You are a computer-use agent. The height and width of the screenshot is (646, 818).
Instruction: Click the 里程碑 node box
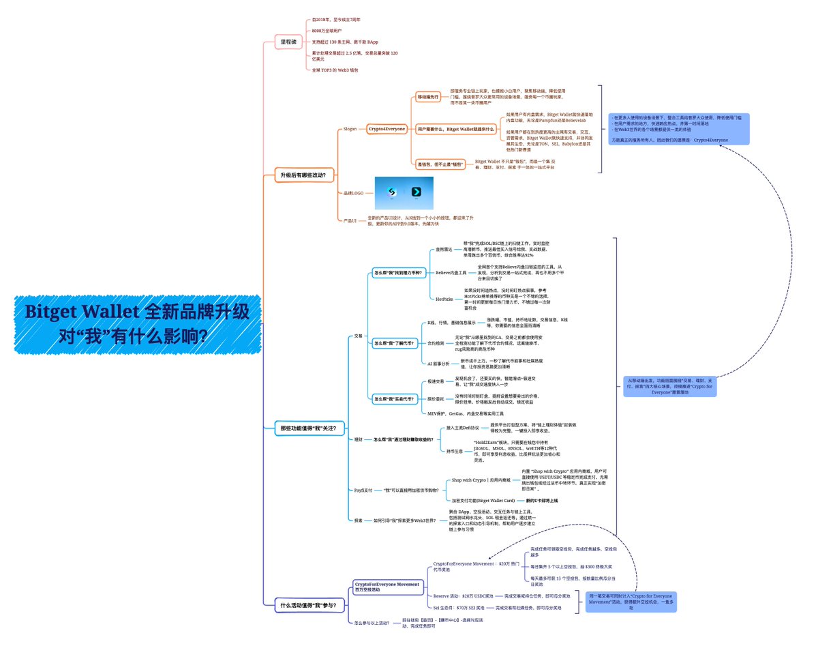288,41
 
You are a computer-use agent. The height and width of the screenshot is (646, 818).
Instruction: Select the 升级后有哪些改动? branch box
303,175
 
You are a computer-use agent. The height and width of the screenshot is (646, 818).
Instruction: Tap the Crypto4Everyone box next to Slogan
387,128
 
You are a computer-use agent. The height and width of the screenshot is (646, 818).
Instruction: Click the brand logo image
404,193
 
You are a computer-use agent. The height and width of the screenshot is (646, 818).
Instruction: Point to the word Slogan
350,128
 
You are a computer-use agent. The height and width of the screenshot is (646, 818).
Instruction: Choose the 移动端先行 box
429,98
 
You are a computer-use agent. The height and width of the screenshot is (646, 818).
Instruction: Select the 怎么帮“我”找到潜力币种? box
398,273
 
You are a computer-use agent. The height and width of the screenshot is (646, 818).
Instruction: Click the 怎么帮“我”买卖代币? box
394,398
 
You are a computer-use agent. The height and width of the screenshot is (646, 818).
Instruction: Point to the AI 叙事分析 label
438,364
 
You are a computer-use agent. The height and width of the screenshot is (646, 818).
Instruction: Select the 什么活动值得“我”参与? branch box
307,605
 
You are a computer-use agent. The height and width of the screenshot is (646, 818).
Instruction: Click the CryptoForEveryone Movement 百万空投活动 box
387,587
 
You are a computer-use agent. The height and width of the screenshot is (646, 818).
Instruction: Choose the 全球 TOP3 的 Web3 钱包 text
331,69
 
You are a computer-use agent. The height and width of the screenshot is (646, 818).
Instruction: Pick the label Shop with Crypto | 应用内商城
481,480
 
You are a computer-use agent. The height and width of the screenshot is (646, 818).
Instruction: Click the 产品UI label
350,220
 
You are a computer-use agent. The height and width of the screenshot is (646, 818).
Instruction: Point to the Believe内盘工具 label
451,273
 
